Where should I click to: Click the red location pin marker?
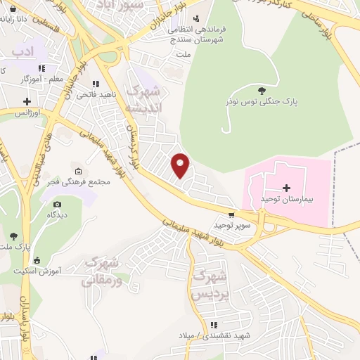click(181, 165)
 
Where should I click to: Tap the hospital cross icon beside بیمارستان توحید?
click(286, 188)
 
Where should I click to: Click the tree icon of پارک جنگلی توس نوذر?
click(262, 90)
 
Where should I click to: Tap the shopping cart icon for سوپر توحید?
click(231, 214)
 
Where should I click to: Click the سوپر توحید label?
click(233, 225)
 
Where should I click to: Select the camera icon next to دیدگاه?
click(57, 204)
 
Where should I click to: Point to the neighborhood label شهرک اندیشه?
click(143, 100)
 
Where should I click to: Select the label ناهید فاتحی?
click(92, 94)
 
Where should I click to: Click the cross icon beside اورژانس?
click(27, 102)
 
